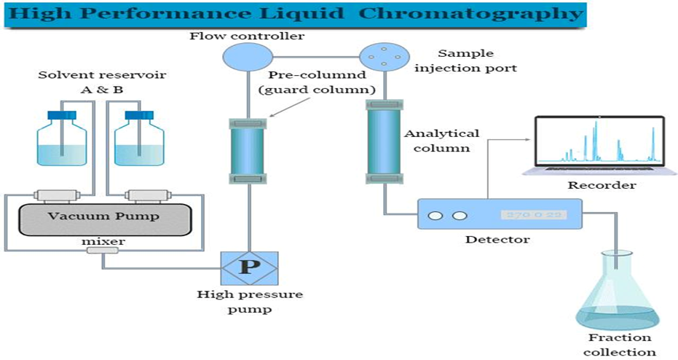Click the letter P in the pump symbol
(x=250, y=266)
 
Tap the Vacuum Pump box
(x=103, y=217)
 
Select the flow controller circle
(x=247, y=56)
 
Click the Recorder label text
(x=601, y=185)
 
